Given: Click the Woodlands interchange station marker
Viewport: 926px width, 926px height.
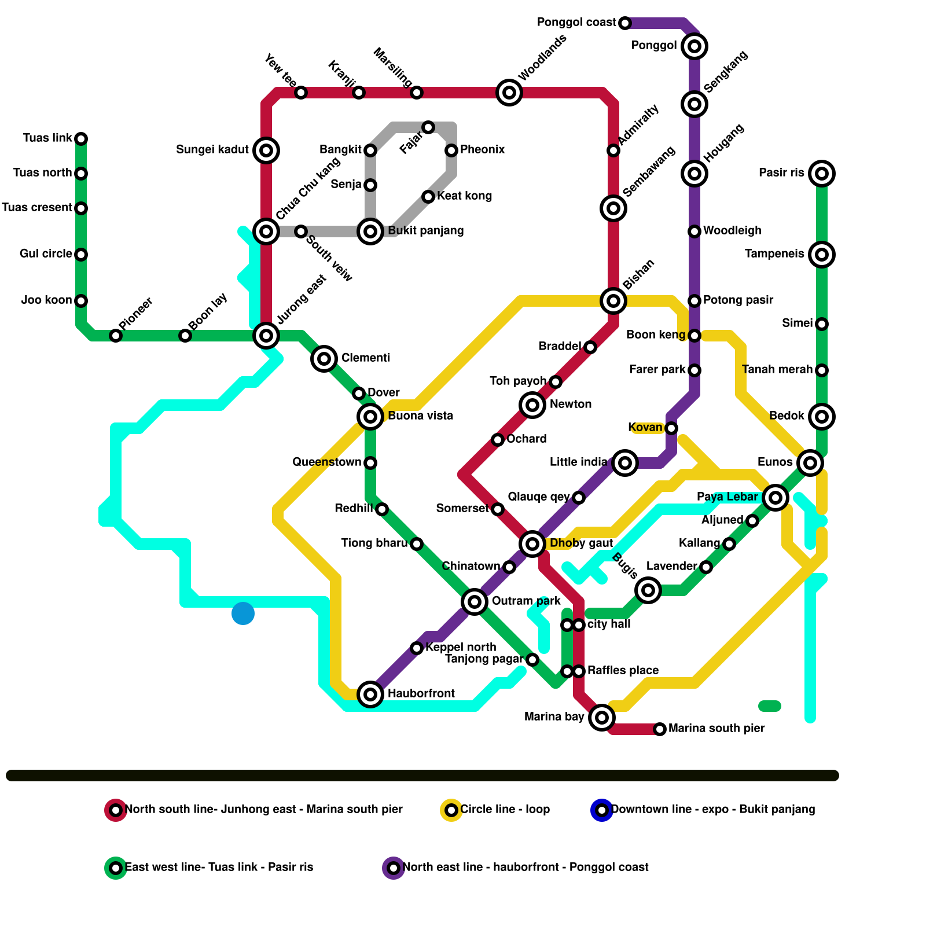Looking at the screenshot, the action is tap(509, 93).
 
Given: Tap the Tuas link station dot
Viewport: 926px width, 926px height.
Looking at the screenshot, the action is tap(82, 139).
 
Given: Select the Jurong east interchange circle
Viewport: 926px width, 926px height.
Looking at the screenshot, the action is tap(266, 335).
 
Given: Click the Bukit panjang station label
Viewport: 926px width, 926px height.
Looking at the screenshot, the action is tap(425, 231).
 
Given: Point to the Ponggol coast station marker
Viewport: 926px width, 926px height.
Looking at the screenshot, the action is tap(624, 23).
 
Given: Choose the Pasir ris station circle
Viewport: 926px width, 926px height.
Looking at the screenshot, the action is tap(822, 174).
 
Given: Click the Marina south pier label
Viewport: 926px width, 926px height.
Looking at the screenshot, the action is tap(716, 729).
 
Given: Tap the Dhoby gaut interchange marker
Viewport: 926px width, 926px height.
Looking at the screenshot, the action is tap(532, 543).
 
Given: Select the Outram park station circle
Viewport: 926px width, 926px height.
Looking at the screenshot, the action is tap(475, 602).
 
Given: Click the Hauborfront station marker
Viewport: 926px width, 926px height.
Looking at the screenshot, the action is tap(370, 694).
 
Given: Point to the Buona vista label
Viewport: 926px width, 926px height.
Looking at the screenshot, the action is tap(420, 416).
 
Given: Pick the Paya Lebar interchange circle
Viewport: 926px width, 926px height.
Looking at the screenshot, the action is tap(776, 497).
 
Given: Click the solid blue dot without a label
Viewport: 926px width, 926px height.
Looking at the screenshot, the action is tap(243, 613).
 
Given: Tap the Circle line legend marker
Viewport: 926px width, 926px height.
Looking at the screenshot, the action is tap(451, 810).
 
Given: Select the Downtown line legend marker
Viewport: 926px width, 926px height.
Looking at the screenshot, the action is tap(602, 810).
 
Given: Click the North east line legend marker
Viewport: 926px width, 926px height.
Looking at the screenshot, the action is tap(394, 868).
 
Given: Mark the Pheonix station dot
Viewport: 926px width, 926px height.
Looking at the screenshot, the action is tap(451, 150).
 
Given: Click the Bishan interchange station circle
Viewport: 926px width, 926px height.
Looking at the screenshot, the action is tap(613, 301).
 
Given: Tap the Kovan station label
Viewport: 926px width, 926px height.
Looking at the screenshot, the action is tap(645, 428).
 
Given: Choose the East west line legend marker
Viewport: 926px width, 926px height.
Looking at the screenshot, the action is tap(116, 868).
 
